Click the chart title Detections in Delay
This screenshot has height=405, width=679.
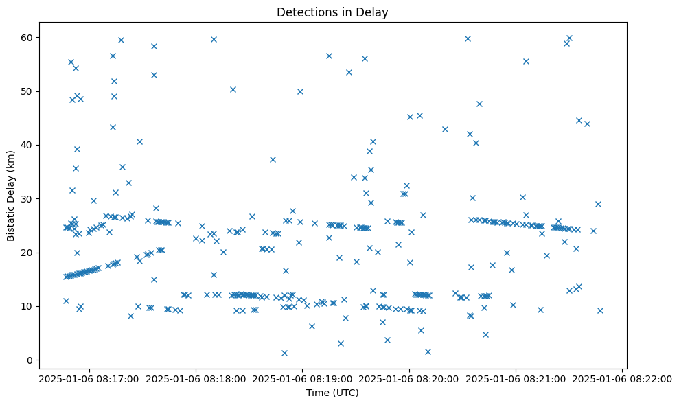point(332,12)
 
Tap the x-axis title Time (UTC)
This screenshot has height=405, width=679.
point(332,393)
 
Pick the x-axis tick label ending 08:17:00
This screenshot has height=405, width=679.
point(89,378)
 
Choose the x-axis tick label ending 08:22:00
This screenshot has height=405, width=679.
point(623,378)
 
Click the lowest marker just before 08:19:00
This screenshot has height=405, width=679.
point(284,353)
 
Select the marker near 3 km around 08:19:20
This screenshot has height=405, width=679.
point(341,343)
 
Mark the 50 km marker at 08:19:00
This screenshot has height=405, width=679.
point(300,91)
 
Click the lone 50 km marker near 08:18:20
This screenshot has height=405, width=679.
point(233,89)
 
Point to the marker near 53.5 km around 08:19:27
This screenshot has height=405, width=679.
point(349,72)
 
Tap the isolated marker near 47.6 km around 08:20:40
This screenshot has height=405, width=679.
point(479,104)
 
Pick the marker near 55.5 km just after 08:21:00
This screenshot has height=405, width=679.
point(526,61)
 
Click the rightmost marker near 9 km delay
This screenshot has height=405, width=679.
point(600,310)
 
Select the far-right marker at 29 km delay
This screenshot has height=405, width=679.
point(598,204)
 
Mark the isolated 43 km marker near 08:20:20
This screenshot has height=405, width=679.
point(445,129)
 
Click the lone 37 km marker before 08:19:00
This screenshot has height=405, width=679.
point(273,159)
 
